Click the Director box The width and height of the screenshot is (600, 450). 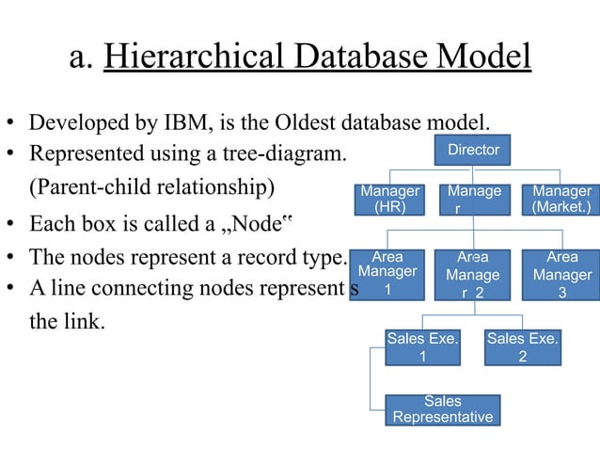pyautogui.click(x=473, y=150)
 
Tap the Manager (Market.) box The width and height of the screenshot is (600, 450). pyautogui.click(x=561, y=199)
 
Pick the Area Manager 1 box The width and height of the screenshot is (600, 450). pyautogui.click(x=388, y=274)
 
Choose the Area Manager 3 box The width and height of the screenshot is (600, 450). pyautogui.click(x=561, y=274)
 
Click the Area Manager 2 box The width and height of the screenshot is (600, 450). pyautogui.click(x=473, y=274)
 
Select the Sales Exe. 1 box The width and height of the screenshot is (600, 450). pyautogui.click(x=422, y=347)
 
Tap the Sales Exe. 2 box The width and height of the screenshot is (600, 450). pyautogui.click(x=523, y=347)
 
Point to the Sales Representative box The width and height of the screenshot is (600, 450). pyautogui.click(x=443, y=410)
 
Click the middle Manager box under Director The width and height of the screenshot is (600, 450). pyautogui.click(x=473, y=199)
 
